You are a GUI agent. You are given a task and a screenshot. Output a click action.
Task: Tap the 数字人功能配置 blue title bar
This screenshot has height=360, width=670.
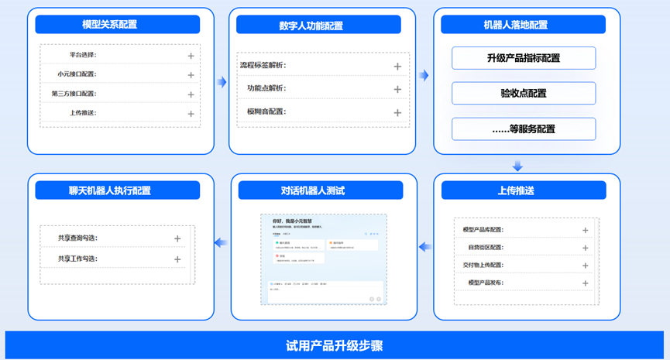(x=318, y=26)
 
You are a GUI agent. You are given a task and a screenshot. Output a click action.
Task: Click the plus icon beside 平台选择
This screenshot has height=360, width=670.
(x=191, y=56)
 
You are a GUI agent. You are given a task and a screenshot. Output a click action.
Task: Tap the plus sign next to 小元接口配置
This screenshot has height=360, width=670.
(x=191, y=75)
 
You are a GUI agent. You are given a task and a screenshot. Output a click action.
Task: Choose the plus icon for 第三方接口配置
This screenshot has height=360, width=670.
(x=191, y=94)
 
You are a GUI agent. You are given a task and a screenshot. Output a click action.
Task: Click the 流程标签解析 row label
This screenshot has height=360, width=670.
(x=263, y=66)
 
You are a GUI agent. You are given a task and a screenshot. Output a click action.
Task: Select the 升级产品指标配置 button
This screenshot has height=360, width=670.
(x=524, y=58)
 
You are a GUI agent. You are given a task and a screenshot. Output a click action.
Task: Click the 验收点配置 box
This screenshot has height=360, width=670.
(x=524, y=94)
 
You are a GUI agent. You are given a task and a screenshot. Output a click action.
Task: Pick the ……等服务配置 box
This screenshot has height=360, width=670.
(x=524, y=129)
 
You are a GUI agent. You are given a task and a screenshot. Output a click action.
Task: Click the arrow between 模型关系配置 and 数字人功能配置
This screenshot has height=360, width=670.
(x=222, y=75)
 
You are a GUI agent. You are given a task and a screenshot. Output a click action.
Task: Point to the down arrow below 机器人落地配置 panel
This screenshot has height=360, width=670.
(x=518, y=166)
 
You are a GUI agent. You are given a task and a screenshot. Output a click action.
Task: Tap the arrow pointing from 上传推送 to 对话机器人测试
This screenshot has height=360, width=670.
(x=424, y=247)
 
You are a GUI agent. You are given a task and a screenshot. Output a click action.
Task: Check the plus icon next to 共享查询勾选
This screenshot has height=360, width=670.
(x=177, y=239)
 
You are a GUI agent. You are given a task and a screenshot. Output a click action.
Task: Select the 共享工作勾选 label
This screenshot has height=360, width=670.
(x=77, y=259)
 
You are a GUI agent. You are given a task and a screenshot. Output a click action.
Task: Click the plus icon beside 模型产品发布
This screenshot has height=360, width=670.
(x=585, y=283)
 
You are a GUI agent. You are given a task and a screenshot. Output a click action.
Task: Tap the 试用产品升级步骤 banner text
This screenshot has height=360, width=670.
(x=335, y=345)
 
